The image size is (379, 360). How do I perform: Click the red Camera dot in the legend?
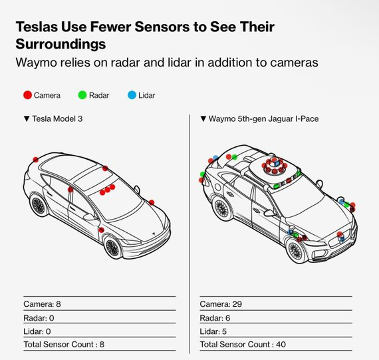[27, 95]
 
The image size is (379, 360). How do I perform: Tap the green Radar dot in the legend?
[82, 95]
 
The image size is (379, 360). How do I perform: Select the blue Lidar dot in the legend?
[132, 95]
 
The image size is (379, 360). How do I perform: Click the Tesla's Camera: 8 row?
[42, 304]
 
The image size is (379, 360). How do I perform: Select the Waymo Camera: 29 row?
[221, 304]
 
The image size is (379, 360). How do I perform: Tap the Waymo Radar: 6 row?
[215, 318]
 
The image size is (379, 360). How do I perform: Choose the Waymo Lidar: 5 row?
[213, 331]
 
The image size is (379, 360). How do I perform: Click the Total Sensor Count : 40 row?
[243, 344]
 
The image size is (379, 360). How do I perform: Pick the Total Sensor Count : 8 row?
[64, 344]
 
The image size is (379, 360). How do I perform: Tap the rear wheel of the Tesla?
[38, 206]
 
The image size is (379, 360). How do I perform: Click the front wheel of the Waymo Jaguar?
[295, 250]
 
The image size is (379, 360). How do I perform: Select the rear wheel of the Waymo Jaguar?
[221, 208]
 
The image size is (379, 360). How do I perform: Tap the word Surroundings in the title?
[61, 44]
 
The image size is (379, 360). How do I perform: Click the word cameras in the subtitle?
[294, 63]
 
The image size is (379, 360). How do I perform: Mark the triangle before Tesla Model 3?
[27, 119]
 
